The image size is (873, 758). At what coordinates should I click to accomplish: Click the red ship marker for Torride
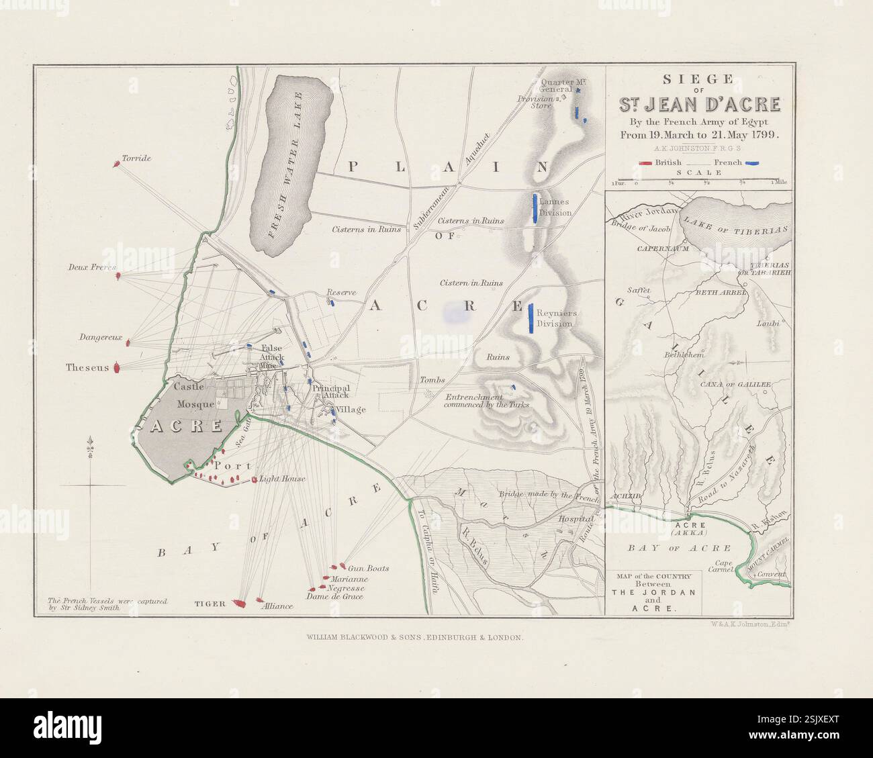(116, 162)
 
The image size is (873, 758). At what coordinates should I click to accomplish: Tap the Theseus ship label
(87, 368)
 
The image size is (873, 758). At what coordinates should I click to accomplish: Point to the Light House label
(283, 479)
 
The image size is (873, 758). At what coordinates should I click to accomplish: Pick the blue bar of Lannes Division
(535, 207)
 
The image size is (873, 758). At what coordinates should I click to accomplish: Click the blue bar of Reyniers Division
(531, 318)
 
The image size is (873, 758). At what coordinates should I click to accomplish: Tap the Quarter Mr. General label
(556, 85)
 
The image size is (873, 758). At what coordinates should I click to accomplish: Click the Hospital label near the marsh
(577, 519)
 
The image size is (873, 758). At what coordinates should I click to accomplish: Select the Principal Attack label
(330, 391)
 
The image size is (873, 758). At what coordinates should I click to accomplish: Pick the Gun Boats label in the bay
(369, 569)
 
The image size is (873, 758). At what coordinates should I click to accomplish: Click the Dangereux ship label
(100, 338)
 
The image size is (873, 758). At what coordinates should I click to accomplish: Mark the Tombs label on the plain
(432, 380)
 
